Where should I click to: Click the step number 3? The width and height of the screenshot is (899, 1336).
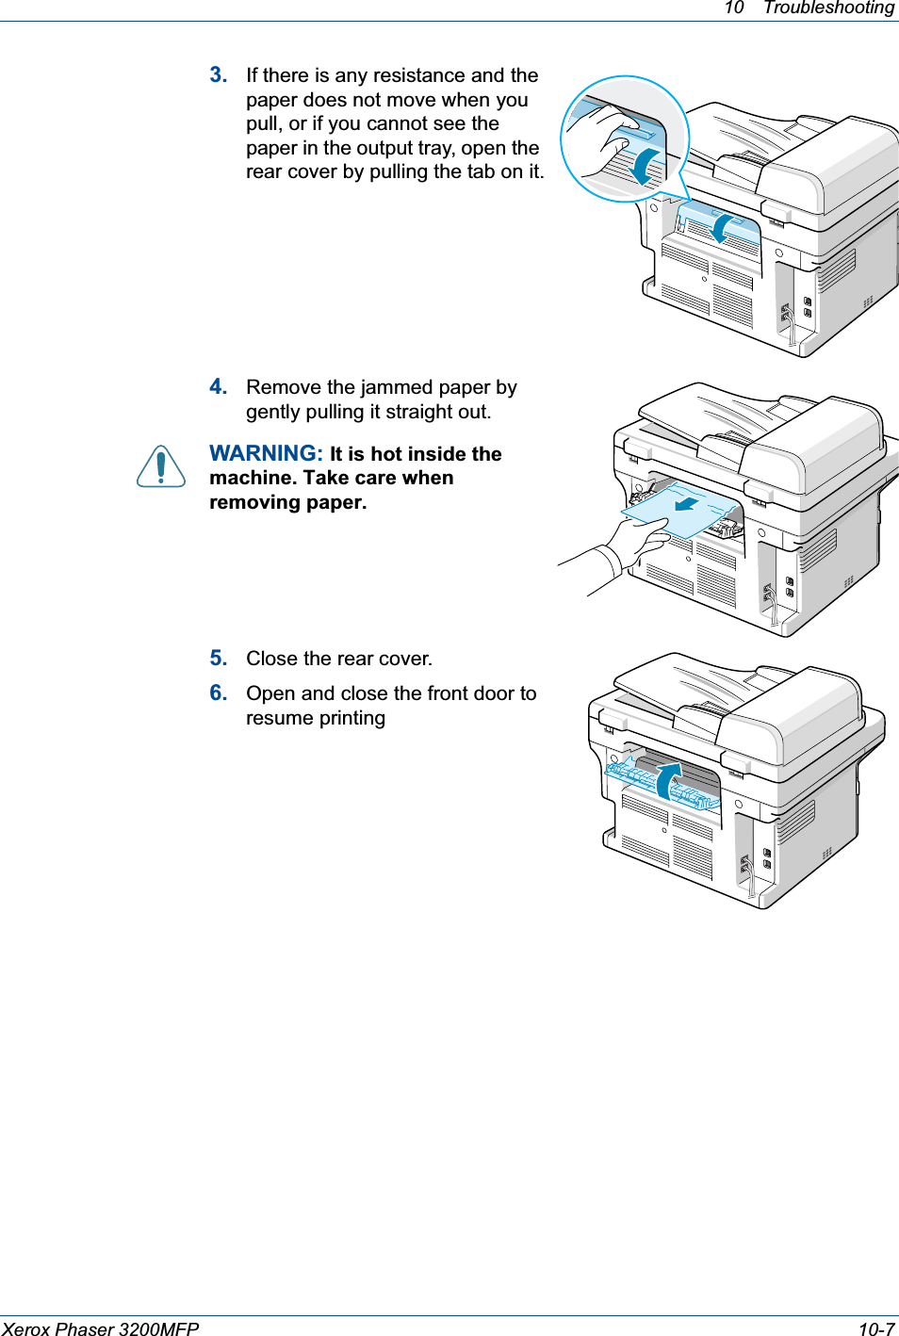click(219, 75)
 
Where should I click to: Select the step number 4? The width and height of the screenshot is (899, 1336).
click(219, 387)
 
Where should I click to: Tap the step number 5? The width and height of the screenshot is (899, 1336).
click(219, 659)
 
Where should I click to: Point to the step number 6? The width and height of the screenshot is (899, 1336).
click(219, 693)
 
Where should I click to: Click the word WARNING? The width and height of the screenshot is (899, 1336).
click(266, 454)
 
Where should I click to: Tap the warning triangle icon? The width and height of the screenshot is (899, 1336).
click(161, 466)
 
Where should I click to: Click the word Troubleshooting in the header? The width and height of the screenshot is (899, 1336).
click(828, 8)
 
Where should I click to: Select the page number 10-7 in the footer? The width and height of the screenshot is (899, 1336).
click(875, 1328)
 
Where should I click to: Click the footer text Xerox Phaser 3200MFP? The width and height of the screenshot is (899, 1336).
click(101, 1328)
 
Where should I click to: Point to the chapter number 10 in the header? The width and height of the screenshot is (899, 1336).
click(733, 8)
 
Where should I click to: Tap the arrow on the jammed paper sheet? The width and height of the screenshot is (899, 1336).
click(686, 502)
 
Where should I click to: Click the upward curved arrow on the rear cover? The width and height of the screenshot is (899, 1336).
click(669, 781)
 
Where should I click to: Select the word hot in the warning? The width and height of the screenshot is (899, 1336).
click(388, 454)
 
